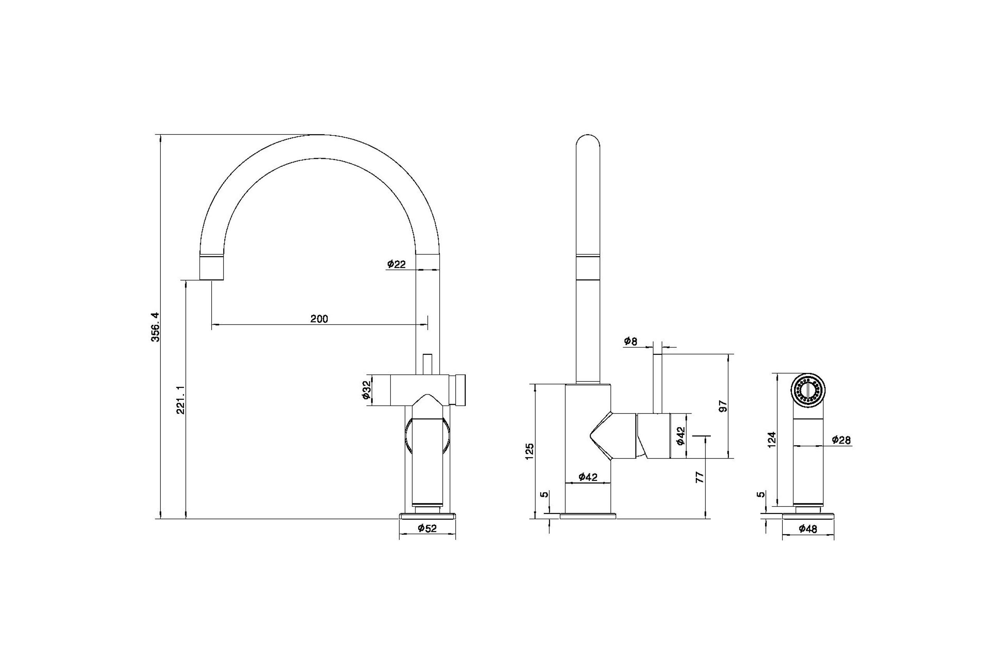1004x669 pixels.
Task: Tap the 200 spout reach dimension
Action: point(319,319)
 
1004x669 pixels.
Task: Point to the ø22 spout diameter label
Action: point(397,264)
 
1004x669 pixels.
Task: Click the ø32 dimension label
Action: point(366,390)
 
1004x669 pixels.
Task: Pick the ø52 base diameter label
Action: point(427,528)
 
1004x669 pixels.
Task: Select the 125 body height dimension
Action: point(530,451)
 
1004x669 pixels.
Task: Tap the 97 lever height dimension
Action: point(723,406)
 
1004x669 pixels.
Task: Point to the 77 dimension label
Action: point(700,477)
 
